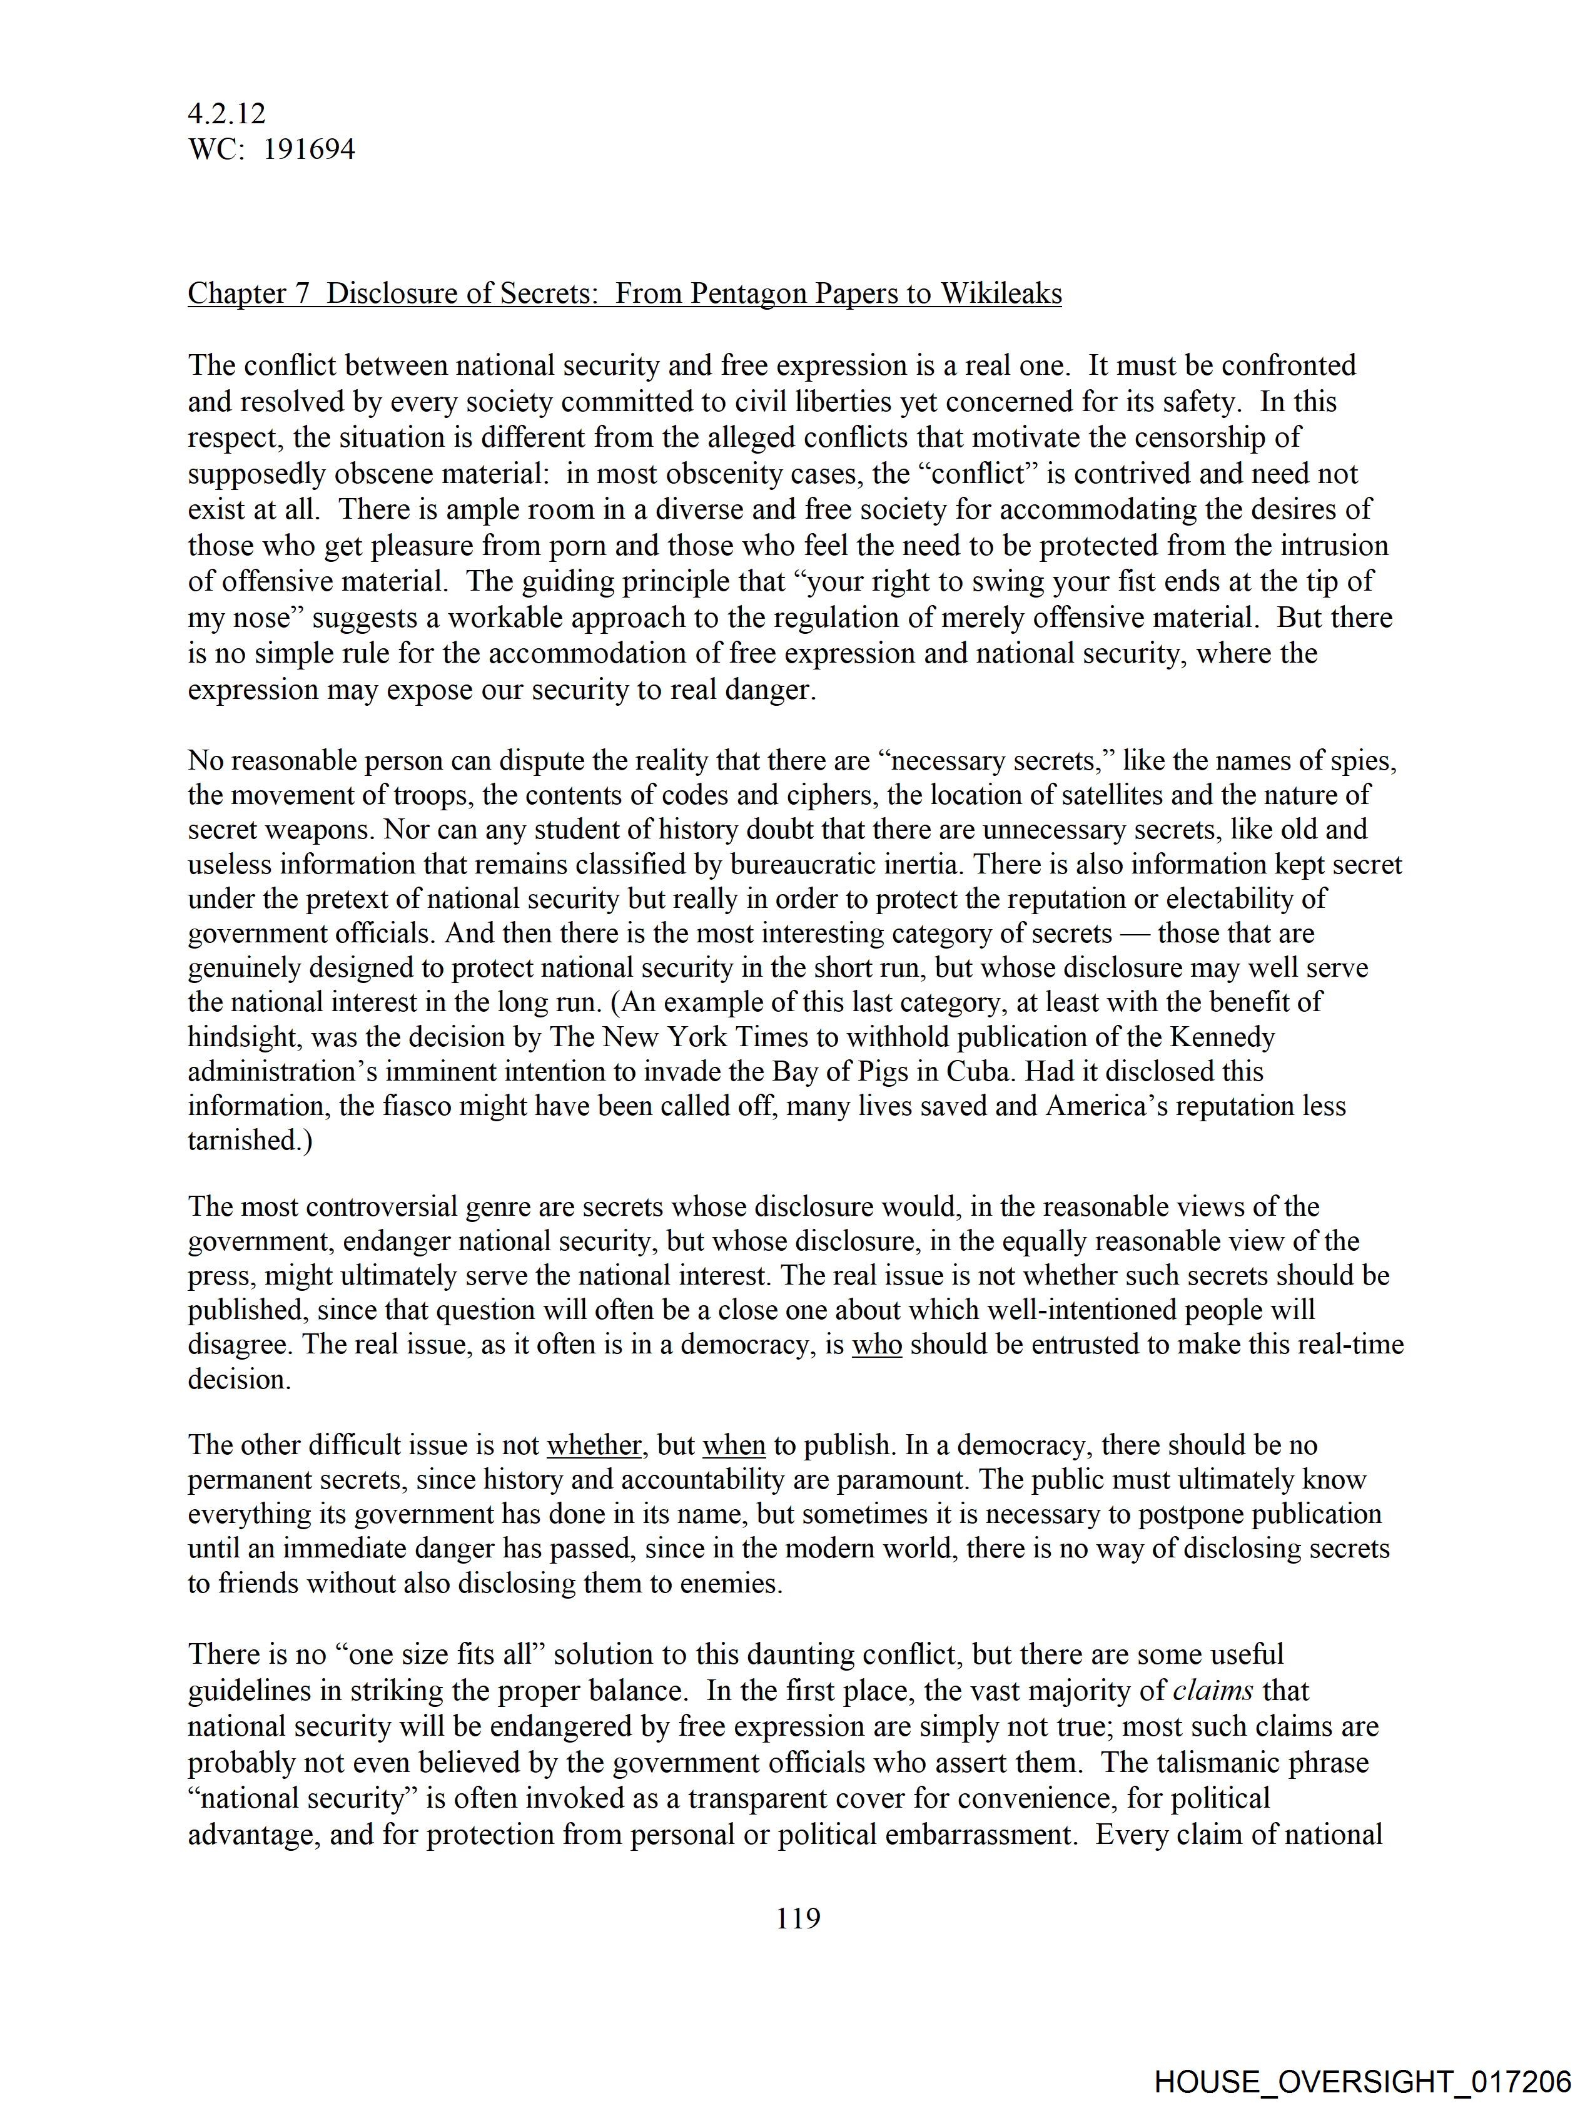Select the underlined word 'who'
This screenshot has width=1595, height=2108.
click(876, 1345)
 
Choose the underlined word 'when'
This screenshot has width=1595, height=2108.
click(734, 1445)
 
